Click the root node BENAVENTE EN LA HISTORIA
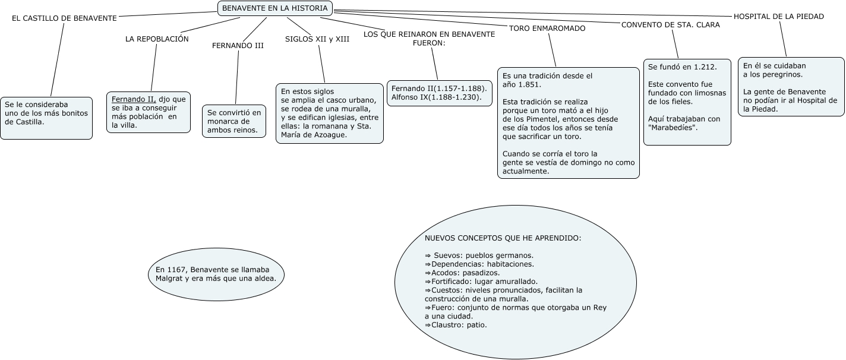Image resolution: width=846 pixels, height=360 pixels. click(x=275, y=8)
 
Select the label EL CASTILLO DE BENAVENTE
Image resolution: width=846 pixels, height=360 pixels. click(x=64, y=18)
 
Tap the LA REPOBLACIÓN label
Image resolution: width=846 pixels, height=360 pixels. click(x=157, y=39)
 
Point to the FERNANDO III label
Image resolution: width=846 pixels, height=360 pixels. click(x=238, y=46)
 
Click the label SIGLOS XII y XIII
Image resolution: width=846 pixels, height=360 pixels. click(x=317, y=39)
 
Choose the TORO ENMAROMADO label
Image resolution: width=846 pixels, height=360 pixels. click(x=547, y=28)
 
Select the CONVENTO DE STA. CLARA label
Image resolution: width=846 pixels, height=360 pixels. click(x=670, y=25)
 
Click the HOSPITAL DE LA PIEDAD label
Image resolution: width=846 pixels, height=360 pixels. click(x=779, y=17)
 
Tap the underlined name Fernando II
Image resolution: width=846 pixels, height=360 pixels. click(x=134, y=99)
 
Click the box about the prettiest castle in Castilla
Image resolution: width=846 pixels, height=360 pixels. click(x=46, y=118)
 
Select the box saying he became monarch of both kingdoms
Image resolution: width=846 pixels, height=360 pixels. click(x=234, y=121)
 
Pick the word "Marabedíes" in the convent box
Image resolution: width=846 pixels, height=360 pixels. click(x=673, y=128)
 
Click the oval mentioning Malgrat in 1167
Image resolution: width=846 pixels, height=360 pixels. click(x=216, y=273)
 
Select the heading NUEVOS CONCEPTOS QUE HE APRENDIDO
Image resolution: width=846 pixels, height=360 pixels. click(x=503, y=238)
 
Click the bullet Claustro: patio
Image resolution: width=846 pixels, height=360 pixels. click(x=456, y=325)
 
